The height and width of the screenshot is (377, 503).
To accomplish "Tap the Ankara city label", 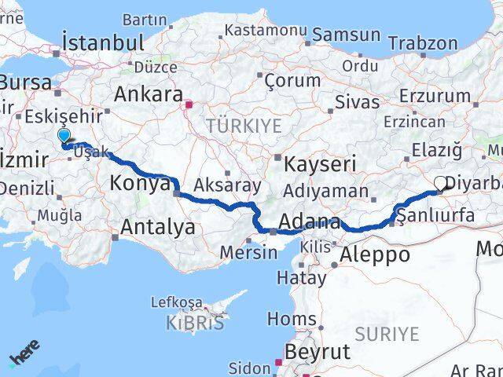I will coord(149,94).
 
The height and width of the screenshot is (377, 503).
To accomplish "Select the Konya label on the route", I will coord(141,184).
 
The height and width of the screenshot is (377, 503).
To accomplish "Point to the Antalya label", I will coord(153,228).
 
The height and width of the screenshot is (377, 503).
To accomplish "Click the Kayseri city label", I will coord(320,164).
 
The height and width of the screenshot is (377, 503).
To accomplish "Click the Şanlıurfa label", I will coord(435,213).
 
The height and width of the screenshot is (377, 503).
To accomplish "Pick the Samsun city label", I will coord(346,35).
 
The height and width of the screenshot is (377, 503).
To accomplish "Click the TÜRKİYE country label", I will coord(243,125).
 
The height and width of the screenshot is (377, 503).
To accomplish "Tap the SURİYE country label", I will coord(387,333).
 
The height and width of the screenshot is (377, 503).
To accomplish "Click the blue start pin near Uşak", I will coord(64,137).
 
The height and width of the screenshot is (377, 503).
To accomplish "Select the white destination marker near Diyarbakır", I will coord(440,185).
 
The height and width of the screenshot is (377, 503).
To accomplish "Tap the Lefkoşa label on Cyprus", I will coord(176,302).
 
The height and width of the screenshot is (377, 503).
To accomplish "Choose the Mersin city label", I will coord(248,252).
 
